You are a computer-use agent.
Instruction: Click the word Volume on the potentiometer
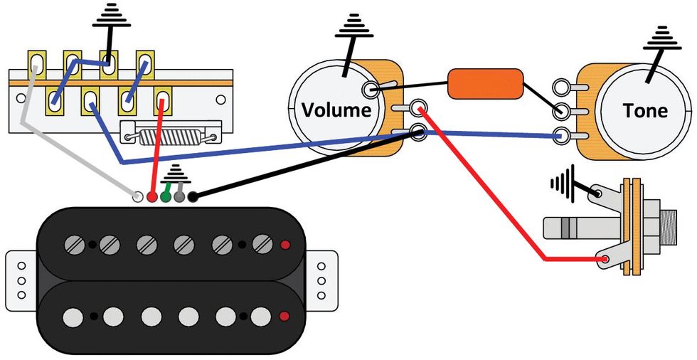pyautogui.click(x=336, y=110)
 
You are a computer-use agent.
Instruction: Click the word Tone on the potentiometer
pyautogui.click(x=645, y=111)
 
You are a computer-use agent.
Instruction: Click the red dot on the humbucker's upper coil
pyautogui.click(x=285, y=245)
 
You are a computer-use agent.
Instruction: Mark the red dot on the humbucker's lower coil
pyautogui.click(x=285, y=316)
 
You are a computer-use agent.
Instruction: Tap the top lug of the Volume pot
pyautogui.click(x=371, y=89)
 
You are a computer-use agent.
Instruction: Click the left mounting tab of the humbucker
pyautogui.click(x=21, y=281)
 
